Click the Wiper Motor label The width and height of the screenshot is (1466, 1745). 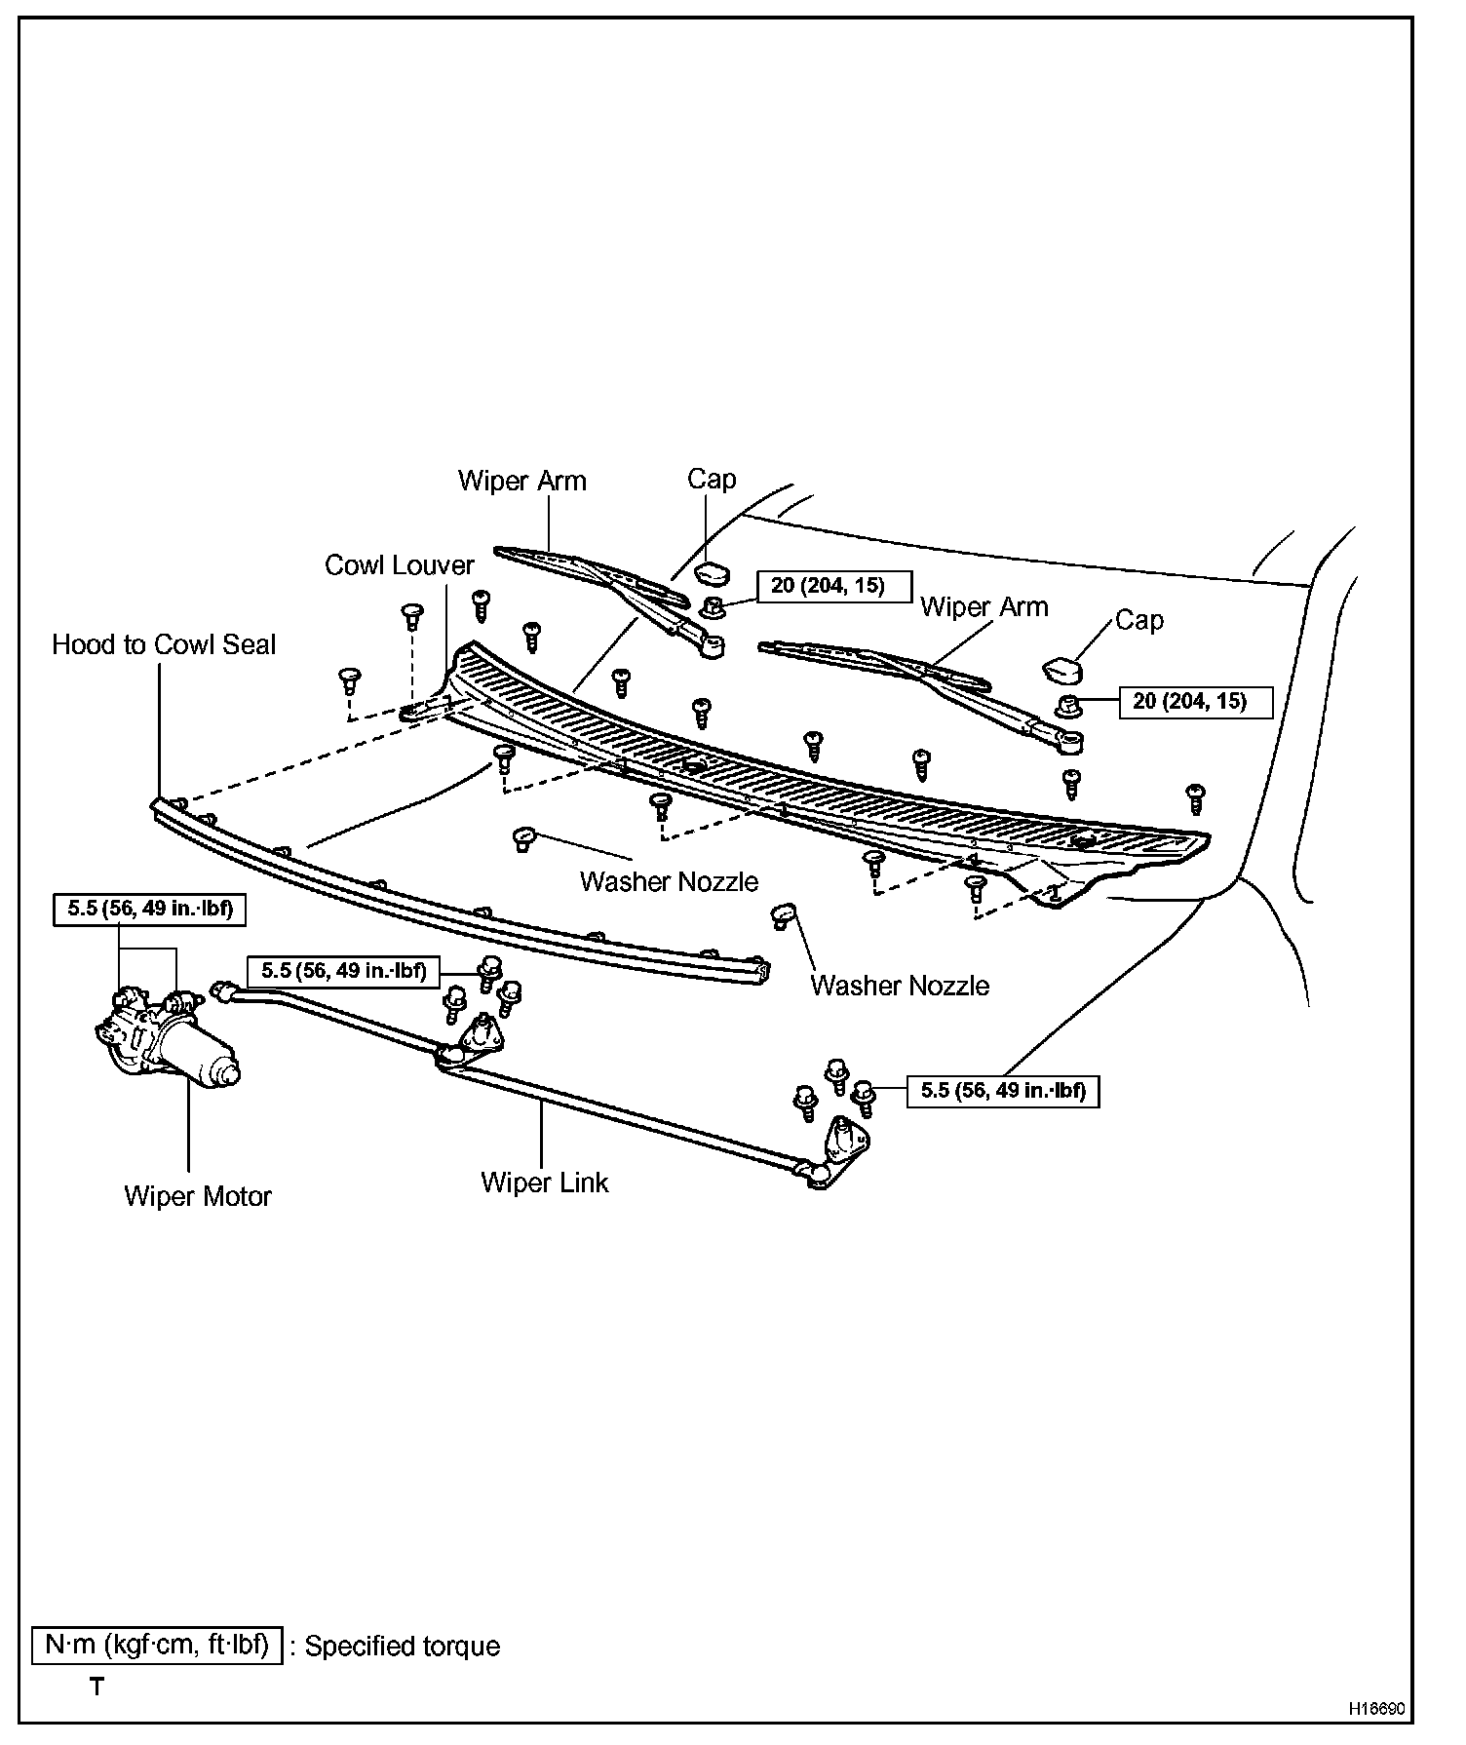(198, 1196)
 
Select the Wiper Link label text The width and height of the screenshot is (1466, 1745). (544, 1183)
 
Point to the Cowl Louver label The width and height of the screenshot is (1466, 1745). (399, 565)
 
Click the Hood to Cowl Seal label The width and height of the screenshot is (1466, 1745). (164, 644)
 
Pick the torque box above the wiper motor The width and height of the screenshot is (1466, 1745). (149, 911)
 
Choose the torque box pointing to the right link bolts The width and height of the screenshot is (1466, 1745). (1003, 1090)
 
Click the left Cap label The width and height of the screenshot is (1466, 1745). (712, 479)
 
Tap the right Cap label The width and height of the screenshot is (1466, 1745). (1138, 620)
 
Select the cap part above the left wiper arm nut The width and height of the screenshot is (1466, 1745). (714, 572)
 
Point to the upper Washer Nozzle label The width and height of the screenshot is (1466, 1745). (669, 881)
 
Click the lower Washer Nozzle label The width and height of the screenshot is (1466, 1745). (900, 986)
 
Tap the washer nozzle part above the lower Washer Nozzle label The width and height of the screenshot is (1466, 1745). (784, 915)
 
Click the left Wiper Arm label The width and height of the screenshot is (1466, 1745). (522, 481)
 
